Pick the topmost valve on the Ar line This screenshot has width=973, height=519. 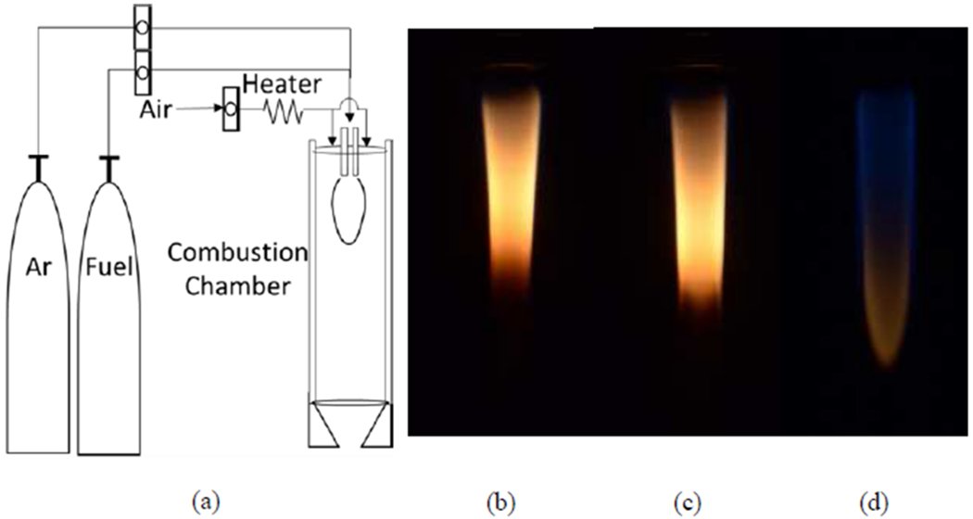coord(141,29)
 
